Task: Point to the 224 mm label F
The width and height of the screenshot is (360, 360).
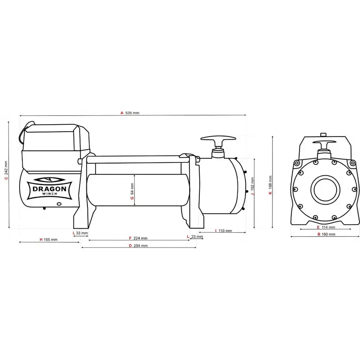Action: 138,238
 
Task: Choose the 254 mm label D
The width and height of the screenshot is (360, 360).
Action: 138,246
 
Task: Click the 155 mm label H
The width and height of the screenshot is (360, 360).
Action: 48,239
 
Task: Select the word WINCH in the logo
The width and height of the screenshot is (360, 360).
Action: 49,195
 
